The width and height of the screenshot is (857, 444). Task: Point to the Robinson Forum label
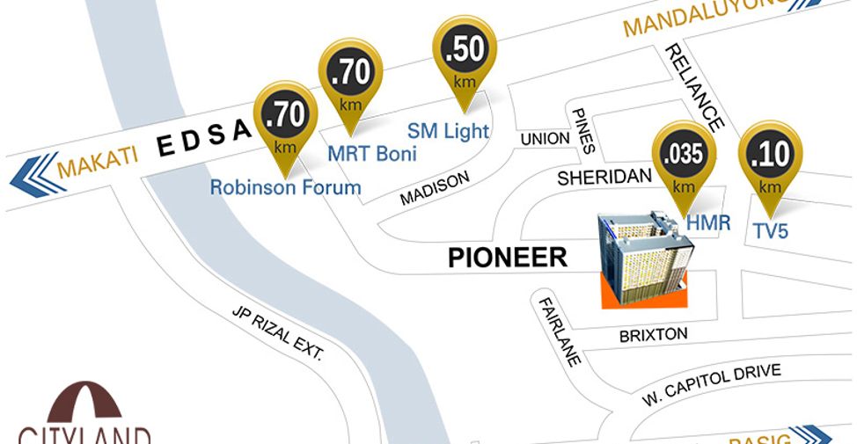coord(285,187)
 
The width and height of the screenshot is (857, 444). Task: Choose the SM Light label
coord(448,130)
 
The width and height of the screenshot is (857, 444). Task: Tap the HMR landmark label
coord(709,223)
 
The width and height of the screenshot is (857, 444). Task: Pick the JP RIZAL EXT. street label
coord(278,333)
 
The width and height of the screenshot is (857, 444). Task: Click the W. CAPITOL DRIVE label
coord(711,384)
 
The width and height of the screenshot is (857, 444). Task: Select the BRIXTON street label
coord(653,335)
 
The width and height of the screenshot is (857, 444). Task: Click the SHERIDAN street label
coord(604,178)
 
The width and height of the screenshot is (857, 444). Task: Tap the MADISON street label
coord(435,188)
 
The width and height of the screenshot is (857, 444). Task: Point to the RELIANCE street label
coord(695,87)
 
